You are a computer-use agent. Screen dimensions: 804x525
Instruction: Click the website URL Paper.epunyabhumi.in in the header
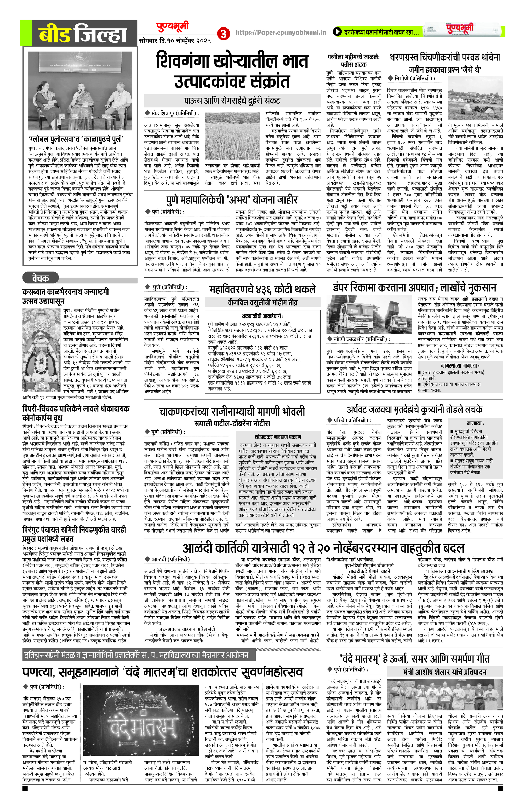281,32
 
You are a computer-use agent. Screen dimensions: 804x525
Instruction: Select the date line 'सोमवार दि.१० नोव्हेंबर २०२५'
175,41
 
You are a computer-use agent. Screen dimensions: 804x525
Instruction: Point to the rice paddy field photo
232,136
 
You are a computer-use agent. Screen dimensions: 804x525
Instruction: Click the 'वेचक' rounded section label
41,278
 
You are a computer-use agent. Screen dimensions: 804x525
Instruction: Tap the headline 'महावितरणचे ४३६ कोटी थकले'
262,289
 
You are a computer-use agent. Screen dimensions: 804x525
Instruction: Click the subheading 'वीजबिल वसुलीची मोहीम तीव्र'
262,302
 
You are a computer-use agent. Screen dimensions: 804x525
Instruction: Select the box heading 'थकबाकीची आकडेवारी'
262,316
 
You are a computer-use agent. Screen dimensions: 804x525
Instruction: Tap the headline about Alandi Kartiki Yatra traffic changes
323,548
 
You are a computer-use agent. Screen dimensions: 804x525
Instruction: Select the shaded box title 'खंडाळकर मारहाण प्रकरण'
278,437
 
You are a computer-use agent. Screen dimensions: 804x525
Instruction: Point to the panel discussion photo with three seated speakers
80,91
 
